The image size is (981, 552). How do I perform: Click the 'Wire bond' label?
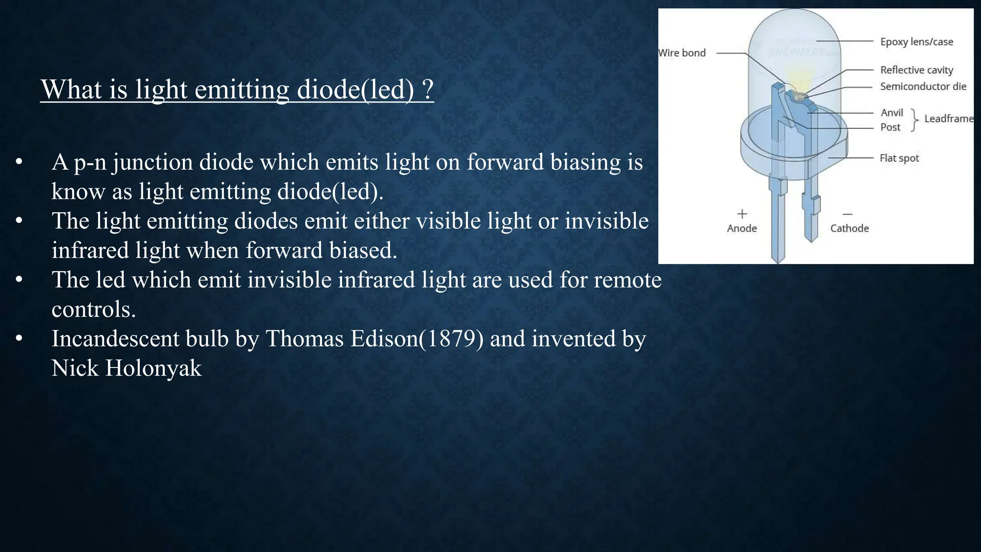tap(682, 53)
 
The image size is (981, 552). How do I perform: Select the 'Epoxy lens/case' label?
tap(916, 42)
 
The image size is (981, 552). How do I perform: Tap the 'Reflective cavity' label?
tap(916, 70)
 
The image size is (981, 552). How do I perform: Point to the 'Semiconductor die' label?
tap(923, 86)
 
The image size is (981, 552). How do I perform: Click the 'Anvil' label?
tap(891, 113)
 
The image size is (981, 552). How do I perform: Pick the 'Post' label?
tap(890, 127)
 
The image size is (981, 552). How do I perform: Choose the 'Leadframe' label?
tap(948, 119)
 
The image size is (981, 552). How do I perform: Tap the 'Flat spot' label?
tap(899, 158)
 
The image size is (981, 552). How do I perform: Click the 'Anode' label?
tap(741, 228)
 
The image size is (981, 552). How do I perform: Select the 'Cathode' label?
tap(849, 228)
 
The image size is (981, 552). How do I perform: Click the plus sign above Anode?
tap(742, 214)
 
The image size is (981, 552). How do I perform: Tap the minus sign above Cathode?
tap(848, 214)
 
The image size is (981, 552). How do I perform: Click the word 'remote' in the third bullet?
tap(627, 280)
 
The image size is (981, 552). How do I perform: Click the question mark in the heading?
tap(428, 90)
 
